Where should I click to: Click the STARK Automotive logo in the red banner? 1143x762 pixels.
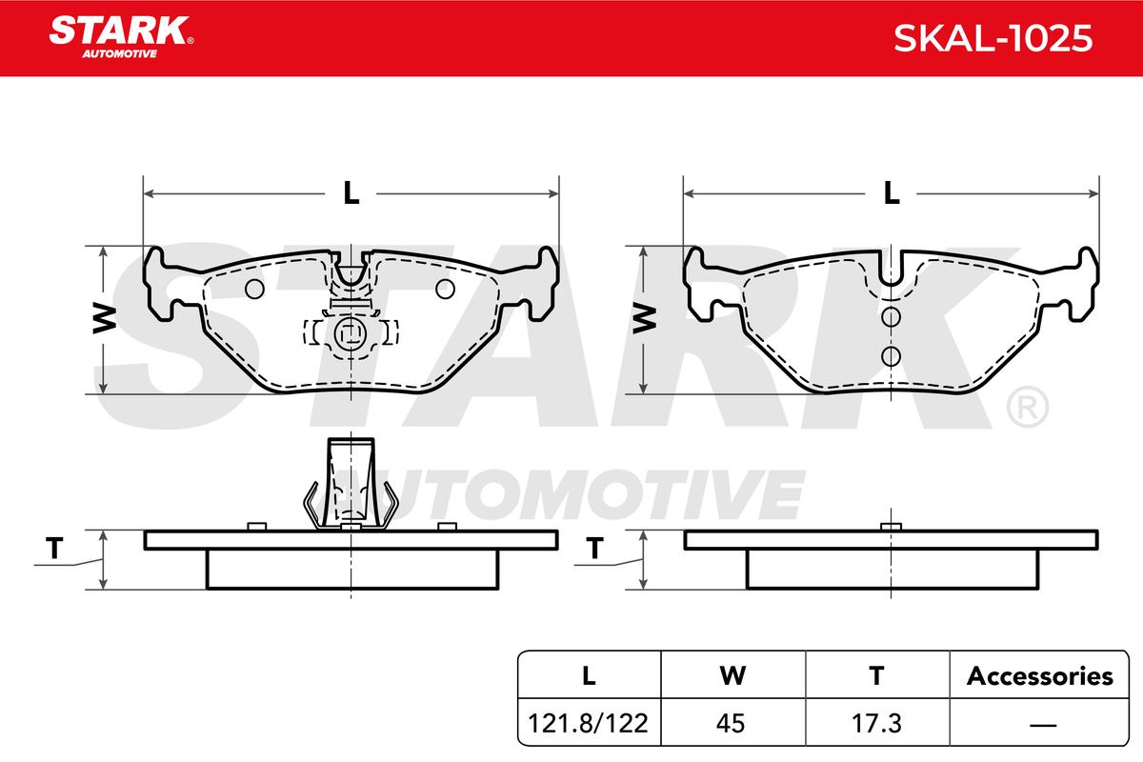(x=121, y=37)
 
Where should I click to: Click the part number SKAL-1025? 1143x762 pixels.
(x=993, y=38)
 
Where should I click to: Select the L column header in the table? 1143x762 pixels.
(x=589, y=675)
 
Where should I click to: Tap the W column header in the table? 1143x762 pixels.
(x=732, y=675)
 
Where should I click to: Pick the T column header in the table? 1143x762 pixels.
(x=876, y=675)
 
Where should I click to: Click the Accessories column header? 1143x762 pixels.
(x=1039, y=676)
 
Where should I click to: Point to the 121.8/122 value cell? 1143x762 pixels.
(x=588, y=723)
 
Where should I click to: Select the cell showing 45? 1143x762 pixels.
(x=731, y=723)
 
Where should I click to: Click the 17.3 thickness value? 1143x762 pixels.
(x=876, y=723)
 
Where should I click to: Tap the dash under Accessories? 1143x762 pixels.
(x=1043, y=725)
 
